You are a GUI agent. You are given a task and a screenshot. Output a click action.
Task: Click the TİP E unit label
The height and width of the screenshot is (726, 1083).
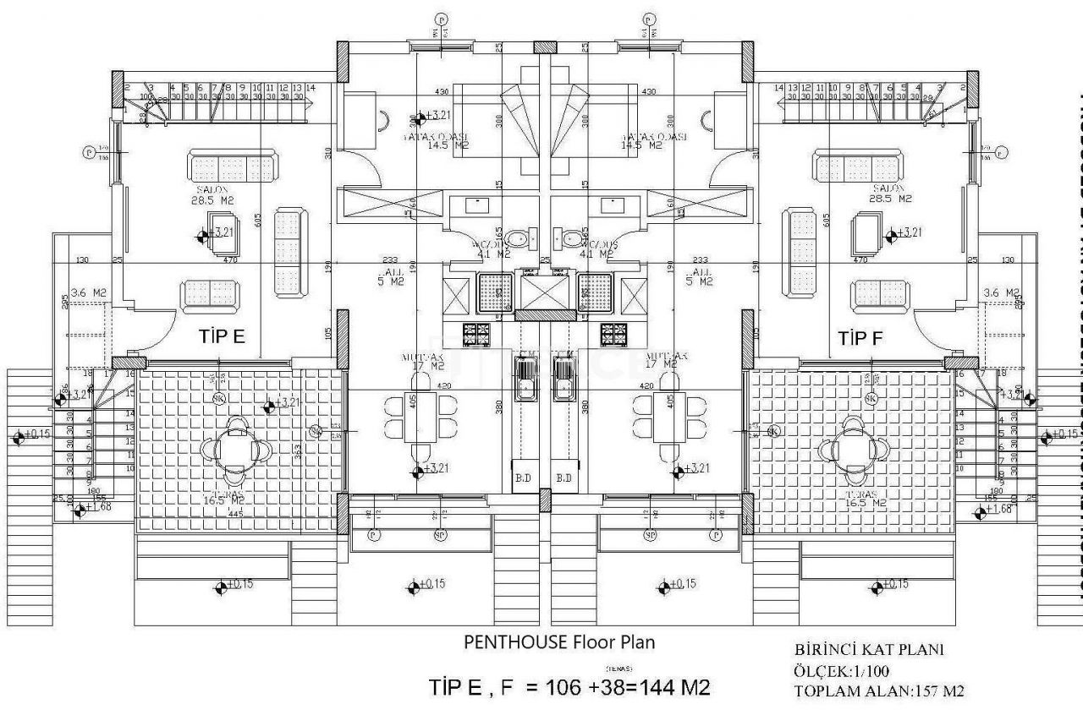pos(222,337)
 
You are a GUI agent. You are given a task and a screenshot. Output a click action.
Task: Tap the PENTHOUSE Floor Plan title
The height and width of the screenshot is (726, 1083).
pos(559,641)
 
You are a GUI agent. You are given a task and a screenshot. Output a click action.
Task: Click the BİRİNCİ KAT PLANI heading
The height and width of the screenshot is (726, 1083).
pos(869,650)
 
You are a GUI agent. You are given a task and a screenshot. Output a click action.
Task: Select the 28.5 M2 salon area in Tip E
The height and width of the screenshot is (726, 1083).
pos(212,200)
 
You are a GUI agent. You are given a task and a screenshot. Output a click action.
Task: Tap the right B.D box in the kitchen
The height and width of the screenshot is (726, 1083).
pos(564,478)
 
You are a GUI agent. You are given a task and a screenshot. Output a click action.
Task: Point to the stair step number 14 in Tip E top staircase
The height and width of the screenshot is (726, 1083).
pos(311,87)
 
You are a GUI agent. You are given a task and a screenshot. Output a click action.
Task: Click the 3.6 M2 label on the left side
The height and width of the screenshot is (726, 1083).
pos(89,293)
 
